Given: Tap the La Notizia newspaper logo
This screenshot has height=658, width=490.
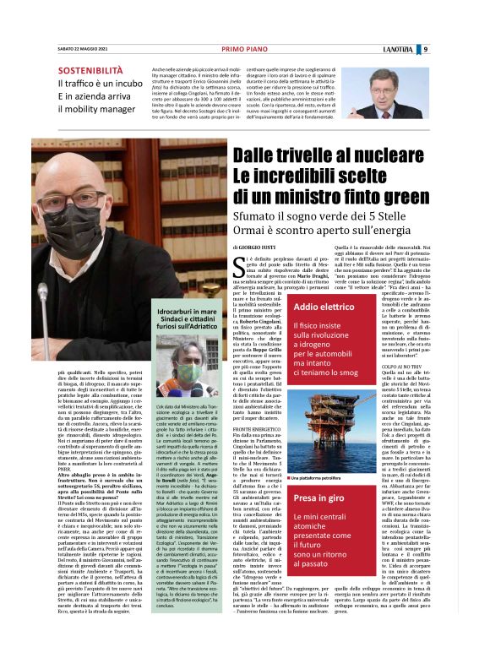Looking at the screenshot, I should tap(438, 48).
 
